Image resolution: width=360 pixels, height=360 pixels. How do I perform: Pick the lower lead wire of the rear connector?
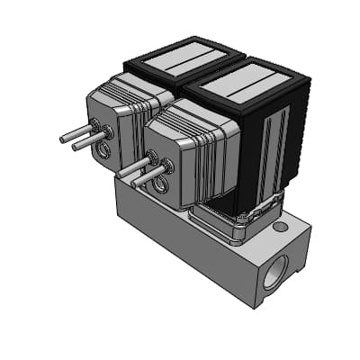pyautogui.click(x=81, y=143)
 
